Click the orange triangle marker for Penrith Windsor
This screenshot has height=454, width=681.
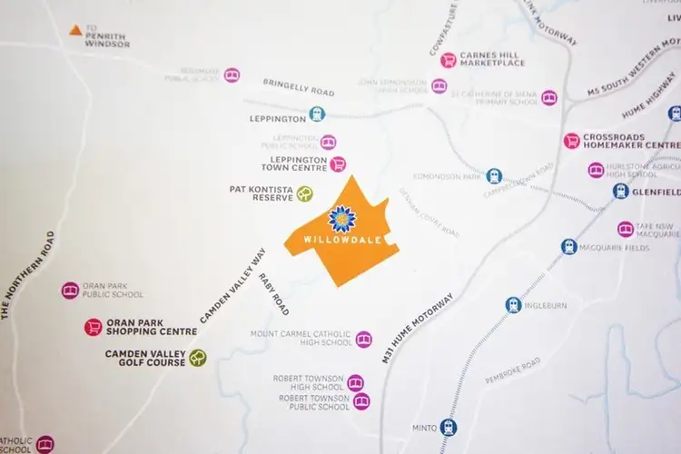[x=76, y=31]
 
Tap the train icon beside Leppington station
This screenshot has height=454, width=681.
[x=316, y=113]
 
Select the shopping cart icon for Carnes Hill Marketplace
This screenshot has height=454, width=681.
[x=448, y=60]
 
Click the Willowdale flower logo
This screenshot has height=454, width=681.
[x=340, y=219]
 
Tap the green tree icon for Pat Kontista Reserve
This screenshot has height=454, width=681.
[x=305, y=193]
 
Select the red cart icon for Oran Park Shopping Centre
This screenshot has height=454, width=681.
[x=93, y=327]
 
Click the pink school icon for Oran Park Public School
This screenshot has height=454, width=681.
[x=70, y=290]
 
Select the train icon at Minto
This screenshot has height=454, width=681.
[x=449, y=427]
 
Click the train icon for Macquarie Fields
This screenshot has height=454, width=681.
[x=569, y=246]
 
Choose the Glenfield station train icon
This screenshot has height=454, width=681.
[x=621, y=191]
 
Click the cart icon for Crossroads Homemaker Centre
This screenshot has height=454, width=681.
[x=571, y=140]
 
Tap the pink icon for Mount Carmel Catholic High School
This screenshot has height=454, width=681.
[x=363, y=339]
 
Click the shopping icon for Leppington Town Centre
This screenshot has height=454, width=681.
[x=338, y=163]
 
